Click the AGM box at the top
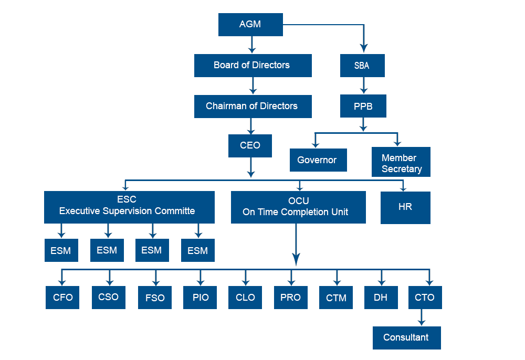click(x=250, y=25)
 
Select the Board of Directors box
click(x=253, y=66)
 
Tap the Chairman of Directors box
click(x=253, y=106)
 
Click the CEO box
click(x=250, y=145)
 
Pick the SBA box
click(x=362, y=66)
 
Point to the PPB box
click(x=363, y=106)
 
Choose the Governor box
click(x=318, y=160)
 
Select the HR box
click(x=405, y=207)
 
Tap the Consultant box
click(x=406, y=337)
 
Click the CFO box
click(x=62, y=298)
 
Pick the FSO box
click(x=155, y=298)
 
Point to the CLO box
click(x=245, y=298)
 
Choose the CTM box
click(x=336, y=298)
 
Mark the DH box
click(x=381, y=298)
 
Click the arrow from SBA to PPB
click(x=363, y=86)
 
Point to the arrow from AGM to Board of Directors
click(x=252, y=45)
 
